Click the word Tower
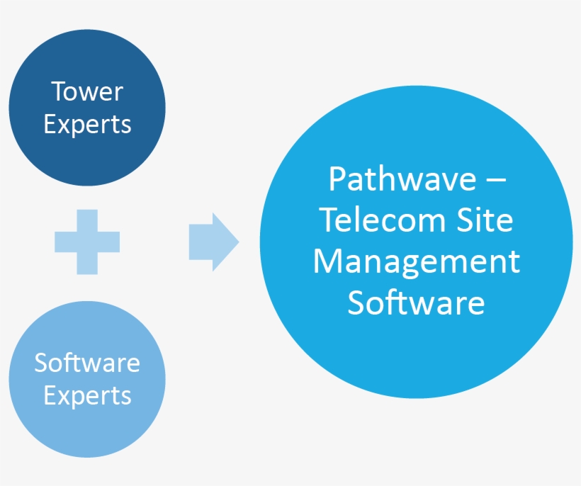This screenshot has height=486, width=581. pyautogui.click(x=87, y=91)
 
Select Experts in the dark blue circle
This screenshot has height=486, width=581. pyautogui.click(x=87, y=125)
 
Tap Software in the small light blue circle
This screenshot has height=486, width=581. pyautogui.click(x=87, y=363)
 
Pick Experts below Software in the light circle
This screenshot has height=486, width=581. pyautogui.click(x=87, y=395)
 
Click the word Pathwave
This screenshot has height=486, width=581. pyautogui.click(x=402, y=179)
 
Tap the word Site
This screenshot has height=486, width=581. pyautogui.click(x=485, y=220)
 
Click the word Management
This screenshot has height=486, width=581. pyautogui.click(x=417, y=262)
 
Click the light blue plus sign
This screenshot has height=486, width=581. pyautogui.click(x=87, y=242)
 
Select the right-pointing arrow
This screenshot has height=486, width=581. pyautogui.click(x=213, y=242)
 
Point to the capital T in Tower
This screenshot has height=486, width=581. pyautogui.click(x=58, y=91)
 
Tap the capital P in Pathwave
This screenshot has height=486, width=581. pyautogui.click(x=337, y=179)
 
